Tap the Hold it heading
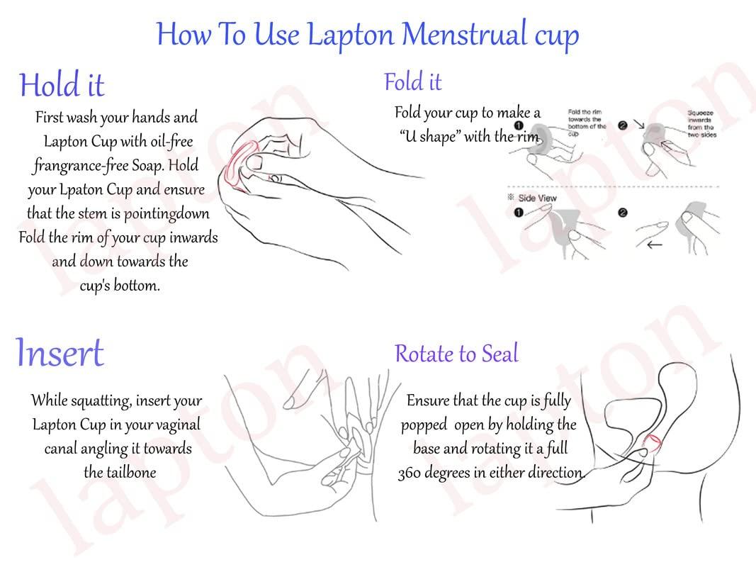coord(62,85)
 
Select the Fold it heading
coord(413,82)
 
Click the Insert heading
coord(60,352)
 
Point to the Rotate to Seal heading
coord(456,353)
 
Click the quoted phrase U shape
coord(429,136)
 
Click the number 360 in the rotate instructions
coord(410,473)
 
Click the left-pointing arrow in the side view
coord(655,246)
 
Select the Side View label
coord(536,198)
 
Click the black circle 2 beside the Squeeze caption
coord(622,126)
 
